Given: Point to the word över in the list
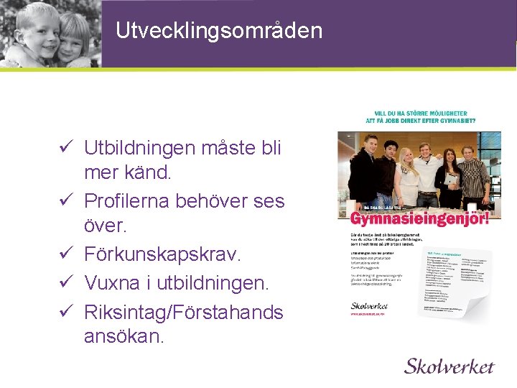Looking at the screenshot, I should tap(105, 226).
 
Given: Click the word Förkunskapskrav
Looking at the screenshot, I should tap(163, 254).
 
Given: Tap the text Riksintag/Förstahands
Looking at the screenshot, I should tap(183, 313).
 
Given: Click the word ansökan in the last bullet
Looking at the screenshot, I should tap(124, 336).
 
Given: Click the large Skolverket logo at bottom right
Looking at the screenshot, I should tap(449, 366).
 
